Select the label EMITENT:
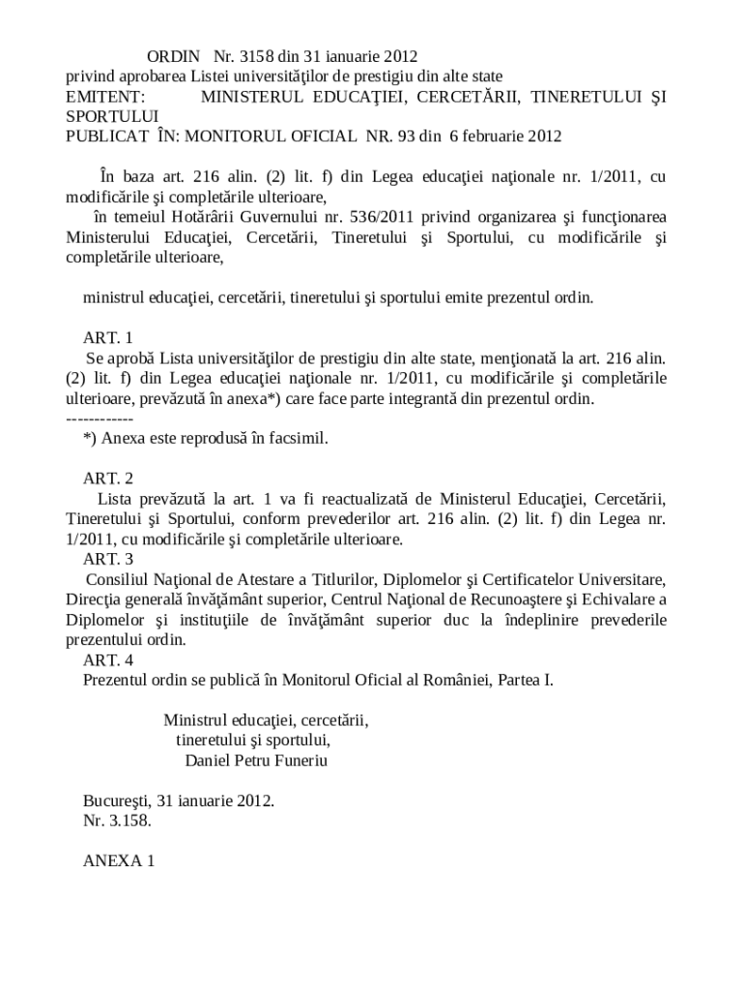pyautogui.click(x=105, y=98)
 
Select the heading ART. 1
pyautogui.click(x=108, y=338)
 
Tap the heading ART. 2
pyautogui.click(x=108, y=479)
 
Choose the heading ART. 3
pyautogui.click(x=108, y=559)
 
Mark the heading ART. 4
pyautogui.click(x=108, y=660)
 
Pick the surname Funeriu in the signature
pyautogui.click(x=297, y=761)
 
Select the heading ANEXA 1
pyautogui.click(x=120, y=860)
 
